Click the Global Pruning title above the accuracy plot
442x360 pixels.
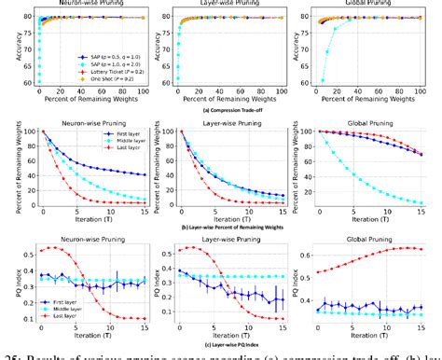[x=378, y=7]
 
